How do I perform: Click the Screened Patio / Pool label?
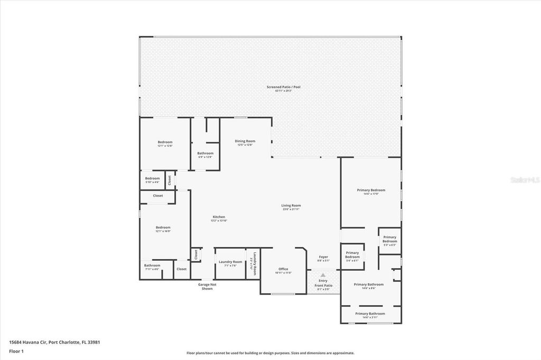point(283,87)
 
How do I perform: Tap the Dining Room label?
point(245,141)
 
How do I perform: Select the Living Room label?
point(291,206)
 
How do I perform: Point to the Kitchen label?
point(219,217)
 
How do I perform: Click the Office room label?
point(283,269)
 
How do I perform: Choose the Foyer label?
point(323,257)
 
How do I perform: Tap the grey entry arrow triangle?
point(323,275)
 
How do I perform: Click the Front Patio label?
point(323,286)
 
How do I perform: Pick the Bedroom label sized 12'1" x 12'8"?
point(165,142)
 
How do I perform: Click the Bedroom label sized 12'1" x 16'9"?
point(163,228)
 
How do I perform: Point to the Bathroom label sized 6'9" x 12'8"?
point(205,154)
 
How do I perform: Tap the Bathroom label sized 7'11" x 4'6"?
point(152,266)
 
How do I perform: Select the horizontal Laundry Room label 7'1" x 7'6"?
point(230,262)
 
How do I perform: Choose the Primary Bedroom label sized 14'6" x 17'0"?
point(371,190)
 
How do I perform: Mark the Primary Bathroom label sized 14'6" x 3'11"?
point(370,314)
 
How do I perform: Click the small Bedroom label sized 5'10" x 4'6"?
point(152,178)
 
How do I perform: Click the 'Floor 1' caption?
point(16,351)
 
